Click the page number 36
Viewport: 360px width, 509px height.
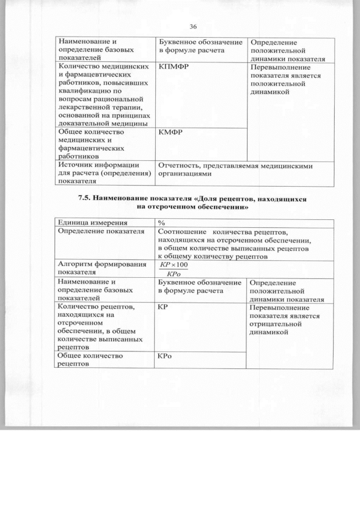[x=193, y=27]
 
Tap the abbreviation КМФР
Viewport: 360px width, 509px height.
[x=171, y=132]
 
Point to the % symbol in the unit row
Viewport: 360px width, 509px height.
[x=161, y=222]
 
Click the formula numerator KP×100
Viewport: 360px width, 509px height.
[x=174, y=264]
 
